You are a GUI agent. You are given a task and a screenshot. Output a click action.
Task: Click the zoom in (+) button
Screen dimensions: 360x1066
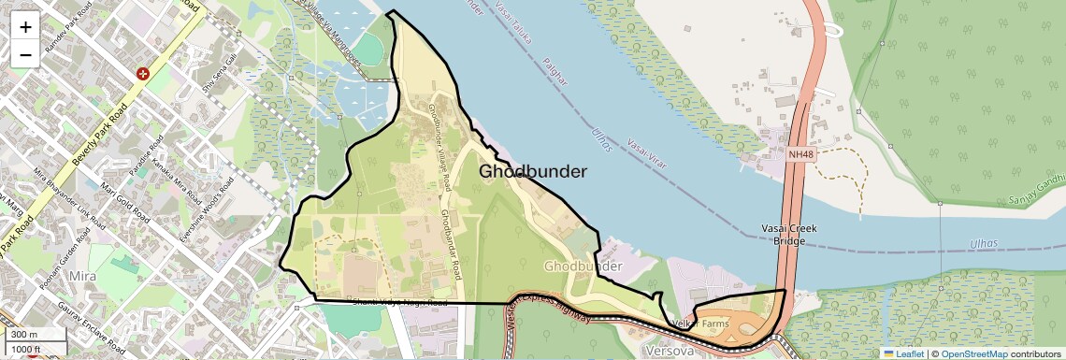point(25,26)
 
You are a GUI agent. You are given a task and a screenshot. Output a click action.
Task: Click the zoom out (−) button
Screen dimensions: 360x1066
point(25,54)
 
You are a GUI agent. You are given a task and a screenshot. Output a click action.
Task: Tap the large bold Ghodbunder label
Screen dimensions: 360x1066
point(533,172)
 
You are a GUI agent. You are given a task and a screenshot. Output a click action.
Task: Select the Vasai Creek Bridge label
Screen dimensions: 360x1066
point(789,235)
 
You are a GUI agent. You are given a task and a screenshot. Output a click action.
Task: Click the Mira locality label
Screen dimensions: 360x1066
point(84,278)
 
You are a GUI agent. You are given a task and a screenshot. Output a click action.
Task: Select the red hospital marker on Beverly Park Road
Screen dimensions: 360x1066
point(143,73)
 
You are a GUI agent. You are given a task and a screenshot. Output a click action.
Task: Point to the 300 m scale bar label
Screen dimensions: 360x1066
point(24,335)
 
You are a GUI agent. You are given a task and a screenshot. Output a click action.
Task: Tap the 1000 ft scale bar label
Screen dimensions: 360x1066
point(26,349)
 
